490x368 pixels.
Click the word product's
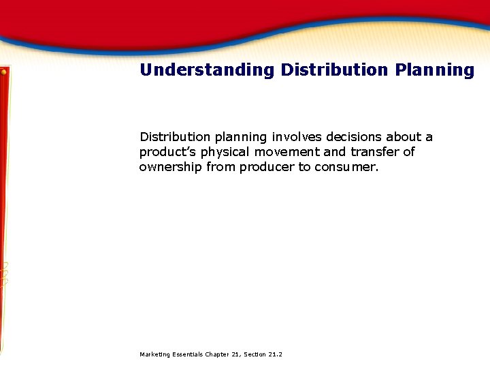pos(167,152)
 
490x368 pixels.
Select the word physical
pos(223,152)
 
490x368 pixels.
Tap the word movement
pos(285,152)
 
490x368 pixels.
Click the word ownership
pos(170,167)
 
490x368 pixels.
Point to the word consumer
pos(346,167)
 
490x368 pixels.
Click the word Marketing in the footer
pos(153,354)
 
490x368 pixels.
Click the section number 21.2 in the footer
pos(276,354)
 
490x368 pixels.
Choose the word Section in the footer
pos(253,354)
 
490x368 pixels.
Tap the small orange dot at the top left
pos(3,71)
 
